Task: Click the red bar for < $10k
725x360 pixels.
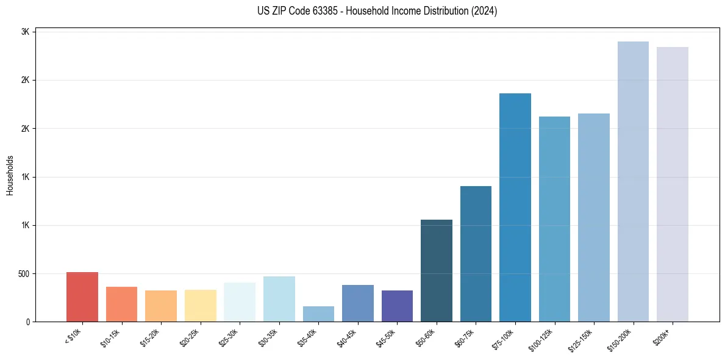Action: (x=82, y=297)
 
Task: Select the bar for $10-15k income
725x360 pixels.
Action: (x=121, y=304)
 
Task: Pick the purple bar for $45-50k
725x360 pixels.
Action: (x=397, y=306)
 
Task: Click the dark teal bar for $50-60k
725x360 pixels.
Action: (x=437, y=271)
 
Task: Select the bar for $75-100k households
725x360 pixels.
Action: (x=515, y=207)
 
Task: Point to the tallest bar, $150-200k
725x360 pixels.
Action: (x=633, y=182)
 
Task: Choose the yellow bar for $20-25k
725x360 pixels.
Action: (x=200, y=306)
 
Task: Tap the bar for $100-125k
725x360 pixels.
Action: (x=554, y=219)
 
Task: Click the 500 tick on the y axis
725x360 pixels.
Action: (x=24, y=274)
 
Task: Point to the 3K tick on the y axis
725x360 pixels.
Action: (x=26, y=32)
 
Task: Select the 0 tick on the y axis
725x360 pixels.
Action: (x=28, y=322)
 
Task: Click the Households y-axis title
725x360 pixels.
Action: (x=10, y=175)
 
